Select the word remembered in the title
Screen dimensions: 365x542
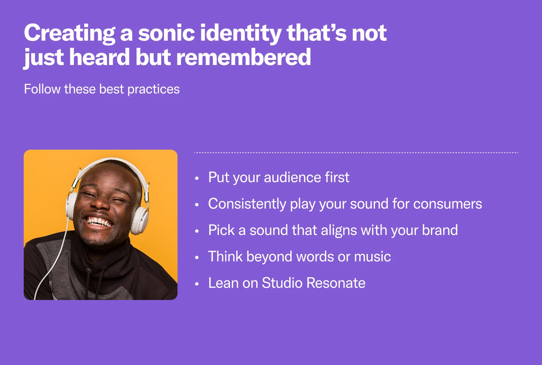click(x=244, y=57)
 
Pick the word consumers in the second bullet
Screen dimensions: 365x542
click(x=447, y=204)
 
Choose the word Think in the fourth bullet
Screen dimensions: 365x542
click(x=225, y=257)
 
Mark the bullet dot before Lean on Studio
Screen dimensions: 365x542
click(x=197, y=284)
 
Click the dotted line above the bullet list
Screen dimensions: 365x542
click(x=356, y=153)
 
